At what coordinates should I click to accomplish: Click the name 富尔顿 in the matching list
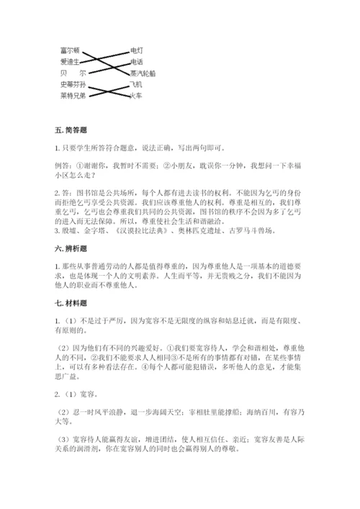tap(70, 50)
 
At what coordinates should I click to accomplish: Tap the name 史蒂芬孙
tap(73, 84)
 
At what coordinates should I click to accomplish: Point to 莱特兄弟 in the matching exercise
tap(73, 95)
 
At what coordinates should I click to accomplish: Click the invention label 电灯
tap(137, 50)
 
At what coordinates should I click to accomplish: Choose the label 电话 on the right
tap(137, 62)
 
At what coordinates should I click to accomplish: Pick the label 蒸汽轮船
tap(143, 73)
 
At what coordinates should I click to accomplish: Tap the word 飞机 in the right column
tap(137, 84)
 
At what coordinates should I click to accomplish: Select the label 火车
tap(137, 95)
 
